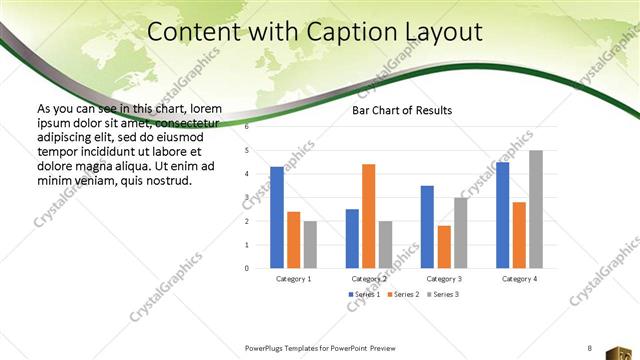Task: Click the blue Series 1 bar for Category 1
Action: pyautogui.click(x=277, y=217)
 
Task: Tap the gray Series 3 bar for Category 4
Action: pyautogui.click(x=536, y=209)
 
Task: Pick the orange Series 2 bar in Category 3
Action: pyautogui.click(x=444, y=247)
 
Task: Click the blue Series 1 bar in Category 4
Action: pyautogui.click(x=502, y=215)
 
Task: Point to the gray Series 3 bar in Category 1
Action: pyautogui.click(x=310, y=244)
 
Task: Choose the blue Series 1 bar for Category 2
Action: pyautogui.click(x=352, y=238)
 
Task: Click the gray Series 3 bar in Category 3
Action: pyautogui.click(x=461, y=233)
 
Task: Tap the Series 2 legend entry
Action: pyautogui.click(x=403, y=295)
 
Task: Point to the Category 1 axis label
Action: pyautogui.click(x=293, y=279)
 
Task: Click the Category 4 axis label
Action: pyautogui.click(x=519, y=279)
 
